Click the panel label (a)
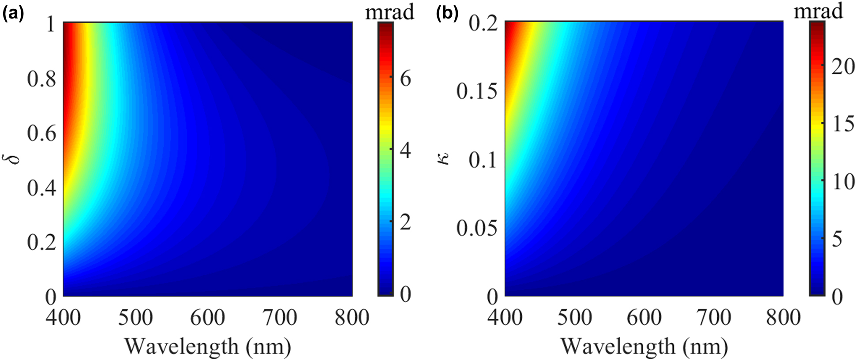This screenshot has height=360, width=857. click(x=13, y=15)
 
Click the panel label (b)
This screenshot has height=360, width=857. click(x=447, y=15)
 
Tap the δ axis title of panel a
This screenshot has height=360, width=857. click(x=15, y=157)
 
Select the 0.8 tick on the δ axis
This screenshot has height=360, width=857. click(x=42, y=79)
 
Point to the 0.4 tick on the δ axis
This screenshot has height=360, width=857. click(x=42, y=188)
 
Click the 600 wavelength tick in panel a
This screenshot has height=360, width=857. click(x=208, y=318)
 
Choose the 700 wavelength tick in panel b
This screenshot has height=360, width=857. click(x=713, y=318)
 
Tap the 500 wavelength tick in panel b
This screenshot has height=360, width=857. click(x=574, y=318)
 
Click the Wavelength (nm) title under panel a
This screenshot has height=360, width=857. click(x=208, y=346)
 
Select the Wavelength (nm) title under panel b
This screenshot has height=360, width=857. click(x=644, y=346)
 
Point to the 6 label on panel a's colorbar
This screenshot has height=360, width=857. click(x=405, y=79)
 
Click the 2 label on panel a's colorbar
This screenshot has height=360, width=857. click(x=405, y=222)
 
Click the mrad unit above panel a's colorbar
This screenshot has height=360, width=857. click(x=389, y=12)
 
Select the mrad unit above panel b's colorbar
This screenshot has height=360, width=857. click(x=819, y=11)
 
